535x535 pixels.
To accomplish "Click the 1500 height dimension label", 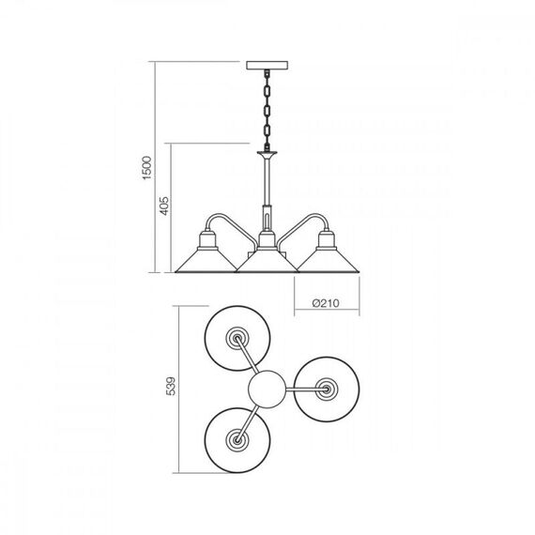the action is [146, 168].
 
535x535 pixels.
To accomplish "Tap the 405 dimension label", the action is [164, 206].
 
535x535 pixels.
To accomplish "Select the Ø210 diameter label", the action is [326, 303].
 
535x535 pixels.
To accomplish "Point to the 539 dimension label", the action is [171, 386].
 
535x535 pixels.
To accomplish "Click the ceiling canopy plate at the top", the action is [267, 66].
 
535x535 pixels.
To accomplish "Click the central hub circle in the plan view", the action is [267, 389].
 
